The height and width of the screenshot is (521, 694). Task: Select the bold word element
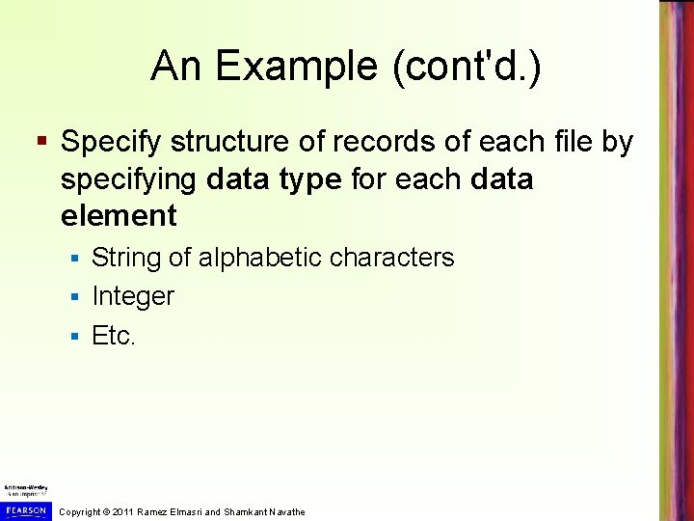(119, 216)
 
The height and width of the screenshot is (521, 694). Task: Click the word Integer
(133, 296)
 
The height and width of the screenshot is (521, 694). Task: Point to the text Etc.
(115, 335)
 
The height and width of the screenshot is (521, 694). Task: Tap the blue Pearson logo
(25, 509)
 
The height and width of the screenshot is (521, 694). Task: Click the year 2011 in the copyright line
(122, 511)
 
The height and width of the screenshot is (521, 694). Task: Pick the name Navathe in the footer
(286, 511)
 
